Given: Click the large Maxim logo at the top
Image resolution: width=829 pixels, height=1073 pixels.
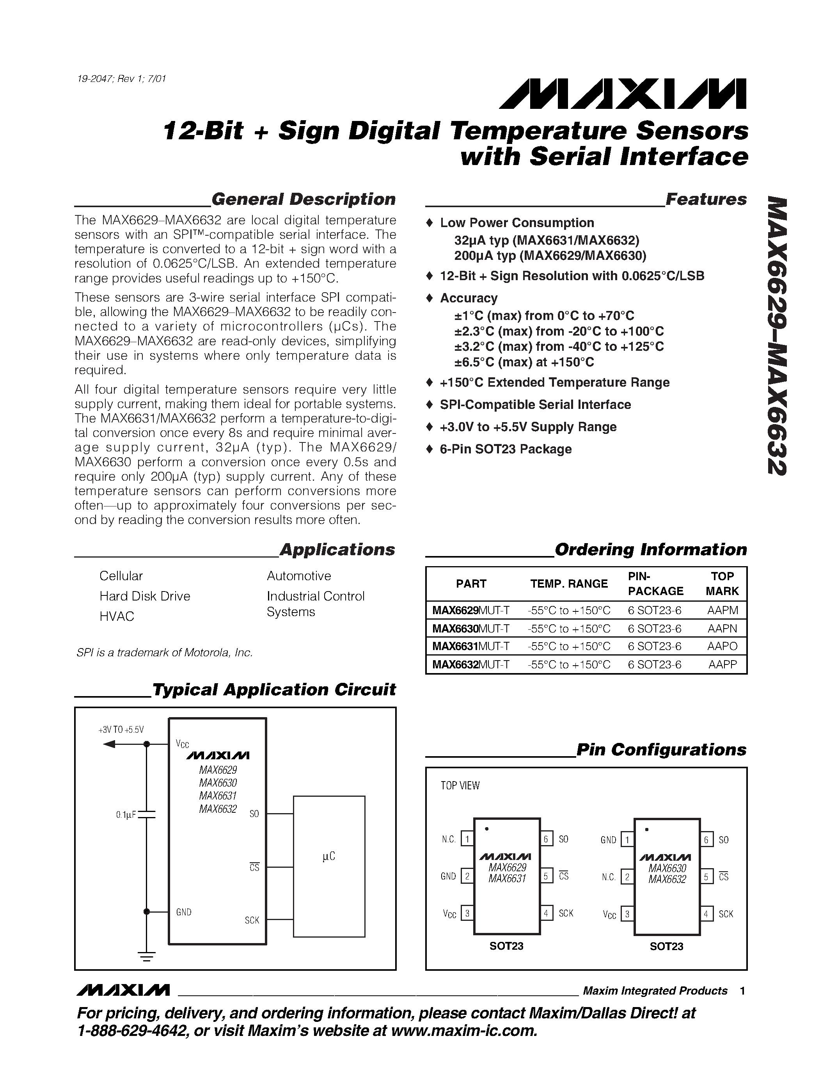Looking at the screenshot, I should point(622,93).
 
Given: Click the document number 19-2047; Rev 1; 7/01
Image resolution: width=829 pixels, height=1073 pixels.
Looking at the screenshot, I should point(122,78).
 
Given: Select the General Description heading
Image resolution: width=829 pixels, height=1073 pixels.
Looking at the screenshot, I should point(303,199).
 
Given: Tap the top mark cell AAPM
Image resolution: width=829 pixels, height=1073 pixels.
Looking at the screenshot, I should point(722,610).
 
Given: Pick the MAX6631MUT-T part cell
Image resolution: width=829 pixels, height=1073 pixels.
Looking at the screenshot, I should point(470,646).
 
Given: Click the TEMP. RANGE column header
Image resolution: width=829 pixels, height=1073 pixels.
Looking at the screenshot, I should point(569,584).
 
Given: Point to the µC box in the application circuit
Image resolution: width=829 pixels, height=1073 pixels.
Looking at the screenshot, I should point(328,857).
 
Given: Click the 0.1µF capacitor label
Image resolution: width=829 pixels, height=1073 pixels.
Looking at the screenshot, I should point(126,815).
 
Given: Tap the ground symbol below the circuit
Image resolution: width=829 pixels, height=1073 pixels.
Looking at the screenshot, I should point(146,957).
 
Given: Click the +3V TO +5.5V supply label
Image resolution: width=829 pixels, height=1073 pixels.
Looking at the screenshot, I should point(121,730).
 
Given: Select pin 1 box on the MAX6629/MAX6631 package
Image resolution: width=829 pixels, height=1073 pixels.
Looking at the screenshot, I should point(467,839).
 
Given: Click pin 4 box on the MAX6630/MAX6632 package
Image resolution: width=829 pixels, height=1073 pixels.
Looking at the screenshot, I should point(706,914).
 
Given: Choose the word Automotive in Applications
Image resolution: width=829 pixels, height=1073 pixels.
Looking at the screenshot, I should point(298,576).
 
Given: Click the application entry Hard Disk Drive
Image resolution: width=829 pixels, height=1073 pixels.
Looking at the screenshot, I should point(144,596).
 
